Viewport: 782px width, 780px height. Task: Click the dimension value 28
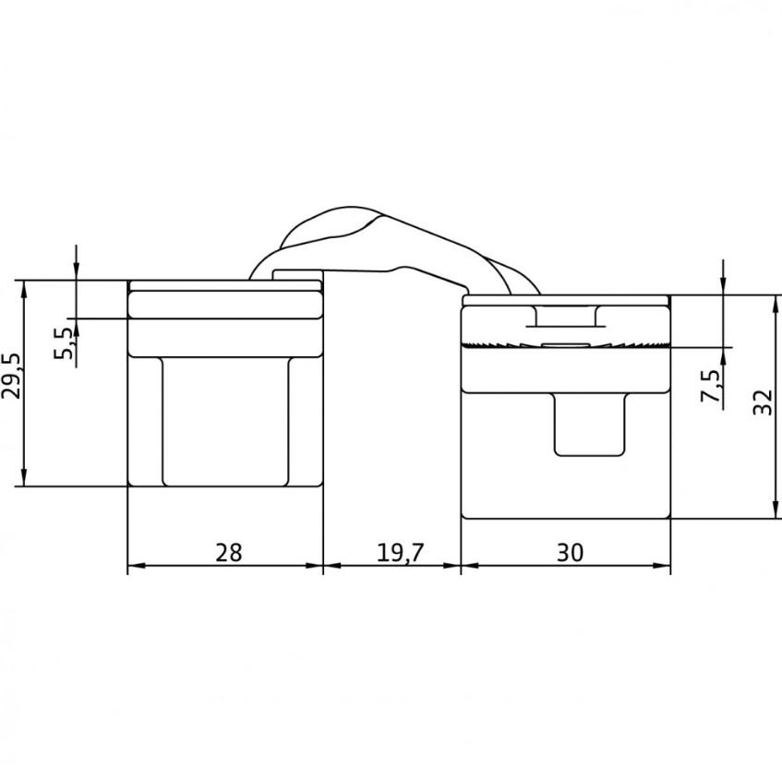coord(229,552)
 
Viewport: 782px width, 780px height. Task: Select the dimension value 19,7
coord(400,552)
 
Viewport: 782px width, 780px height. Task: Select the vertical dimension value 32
coord(761,402)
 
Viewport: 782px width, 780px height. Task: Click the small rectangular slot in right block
coord(590,424)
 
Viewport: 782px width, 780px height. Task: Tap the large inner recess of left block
coord(224,421)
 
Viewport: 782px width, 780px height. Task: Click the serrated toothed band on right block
coord(564,344)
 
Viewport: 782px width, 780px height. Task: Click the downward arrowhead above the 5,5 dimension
coord(77,270)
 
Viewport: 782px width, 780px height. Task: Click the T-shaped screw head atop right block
coord(564,318)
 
